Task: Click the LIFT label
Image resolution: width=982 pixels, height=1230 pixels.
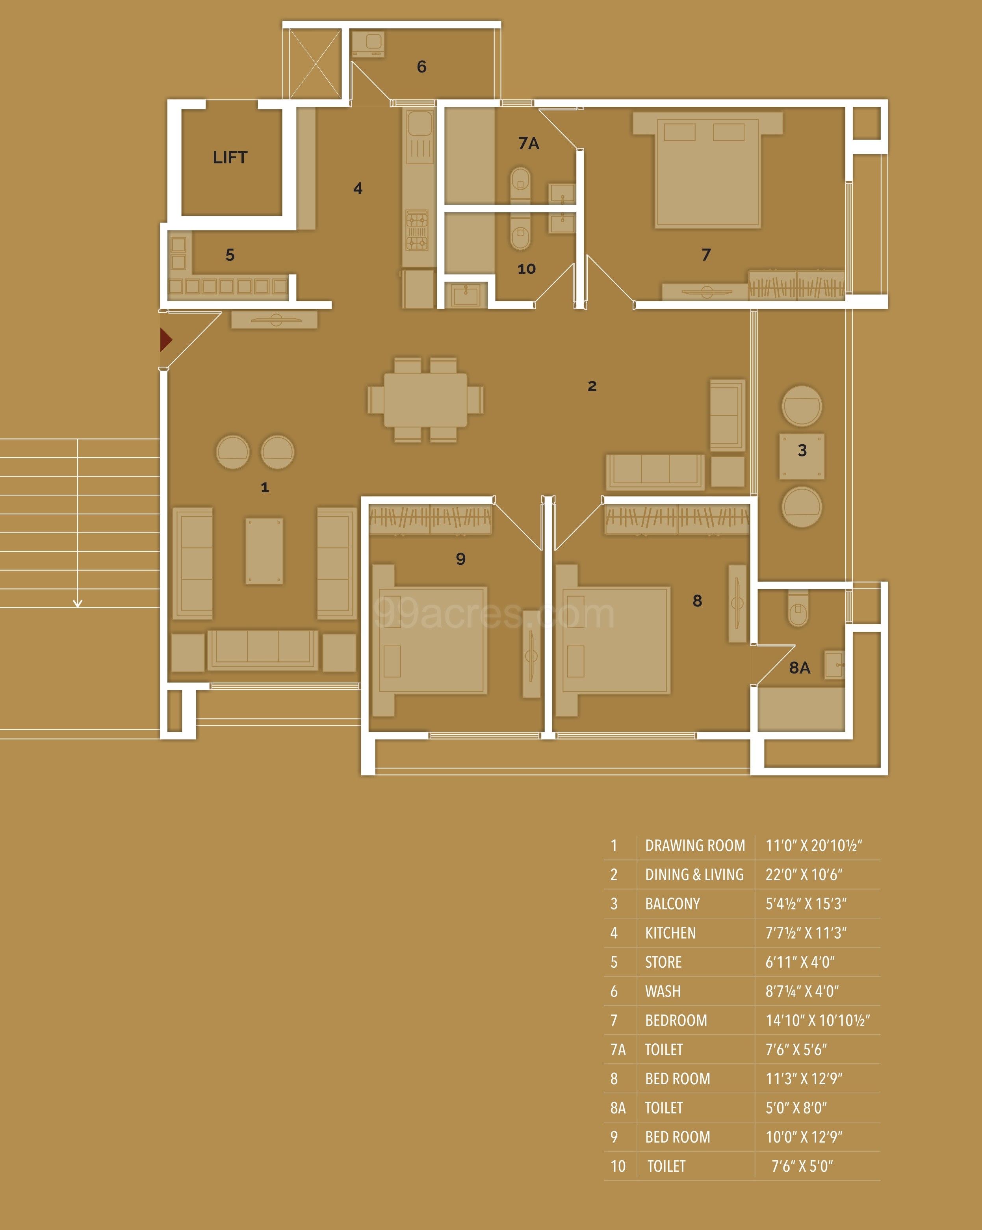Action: tap(230, 158)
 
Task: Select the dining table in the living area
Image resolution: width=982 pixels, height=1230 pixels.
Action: tap(425, 399)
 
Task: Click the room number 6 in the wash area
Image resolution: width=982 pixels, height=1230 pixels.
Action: tap(421, 67)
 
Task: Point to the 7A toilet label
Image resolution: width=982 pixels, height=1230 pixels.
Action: tap(528, 143)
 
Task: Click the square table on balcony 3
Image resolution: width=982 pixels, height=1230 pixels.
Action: tap(802, 456)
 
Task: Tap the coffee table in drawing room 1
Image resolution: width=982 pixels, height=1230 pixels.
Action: tap(264, 551)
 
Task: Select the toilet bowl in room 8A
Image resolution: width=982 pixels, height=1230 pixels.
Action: tap(798, 609)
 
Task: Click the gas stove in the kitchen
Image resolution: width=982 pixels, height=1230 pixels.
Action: tap(416, 230)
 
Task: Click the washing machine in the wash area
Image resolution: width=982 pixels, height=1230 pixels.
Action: tap(368, 44)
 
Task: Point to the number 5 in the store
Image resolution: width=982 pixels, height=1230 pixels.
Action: tap(230, 255)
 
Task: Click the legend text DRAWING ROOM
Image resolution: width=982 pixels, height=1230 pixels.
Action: tap(694, 846)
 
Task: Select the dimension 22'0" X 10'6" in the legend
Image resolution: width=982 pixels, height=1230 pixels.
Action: tap(804, 875)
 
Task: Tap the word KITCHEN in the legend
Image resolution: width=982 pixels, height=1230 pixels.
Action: tap(670, 933)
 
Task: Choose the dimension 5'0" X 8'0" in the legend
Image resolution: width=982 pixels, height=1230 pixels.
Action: tap(796, 1108)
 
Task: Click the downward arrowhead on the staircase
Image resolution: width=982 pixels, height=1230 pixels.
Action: tap(78, 603)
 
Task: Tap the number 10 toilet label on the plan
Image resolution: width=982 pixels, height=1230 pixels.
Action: tap(526, 269)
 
